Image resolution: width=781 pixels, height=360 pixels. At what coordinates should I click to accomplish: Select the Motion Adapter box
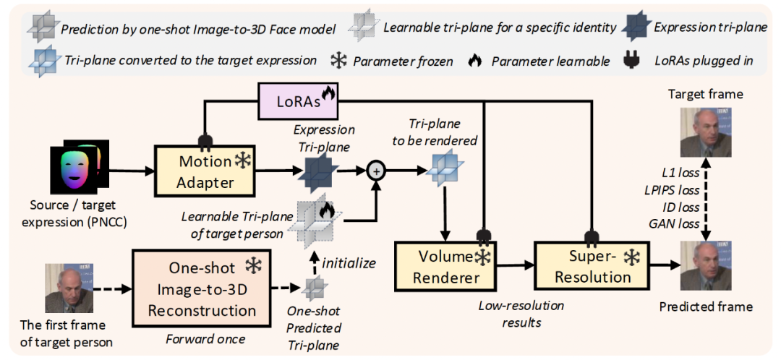(x=205, y=172)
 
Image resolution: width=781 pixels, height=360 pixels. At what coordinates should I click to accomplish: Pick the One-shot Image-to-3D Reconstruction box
(x=202, y=289)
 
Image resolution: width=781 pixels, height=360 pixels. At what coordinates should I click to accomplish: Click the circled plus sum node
(x=376, y=171)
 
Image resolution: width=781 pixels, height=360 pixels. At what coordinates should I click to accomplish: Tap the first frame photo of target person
(x=66, y=288)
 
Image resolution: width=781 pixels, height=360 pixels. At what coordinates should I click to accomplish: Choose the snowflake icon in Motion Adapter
(x=242, y=161)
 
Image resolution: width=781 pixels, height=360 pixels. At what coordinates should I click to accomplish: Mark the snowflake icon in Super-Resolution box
(x=632, y=257)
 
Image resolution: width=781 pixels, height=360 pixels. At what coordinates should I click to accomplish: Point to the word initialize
(x=348, y=263)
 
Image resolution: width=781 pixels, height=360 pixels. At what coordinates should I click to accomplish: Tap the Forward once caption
(x=205, y=340)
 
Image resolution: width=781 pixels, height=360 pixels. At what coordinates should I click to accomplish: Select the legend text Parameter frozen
(x=403, y=61)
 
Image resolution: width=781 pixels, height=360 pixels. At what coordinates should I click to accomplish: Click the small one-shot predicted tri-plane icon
(x=315, y=287)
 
